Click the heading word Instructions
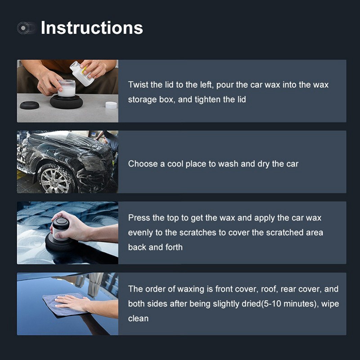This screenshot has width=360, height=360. [x=92, y=28]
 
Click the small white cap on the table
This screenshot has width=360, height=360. [x=111, y=105]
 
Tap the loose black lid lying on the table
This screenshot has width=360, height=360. [x=30, y=105]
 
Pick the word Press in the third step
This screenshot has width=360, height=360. [x=139, y=218]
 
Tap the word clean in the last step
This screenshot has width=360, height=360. [x=138, y=318]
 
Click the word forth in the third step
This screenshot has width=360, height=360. [x=173, y=247]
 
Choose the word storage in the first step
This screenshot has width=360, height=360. [x=143, y=99]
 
